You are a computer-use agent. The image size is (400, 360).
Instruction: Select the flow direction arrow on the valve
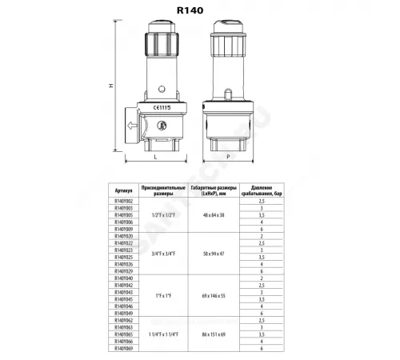coord(131,125)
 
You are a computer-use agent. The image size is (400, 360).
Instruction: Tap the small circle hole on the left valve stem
coord(159,88)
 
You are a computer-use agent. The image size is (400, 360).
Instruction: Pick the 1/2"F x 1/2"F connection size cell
coord(164,216)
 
